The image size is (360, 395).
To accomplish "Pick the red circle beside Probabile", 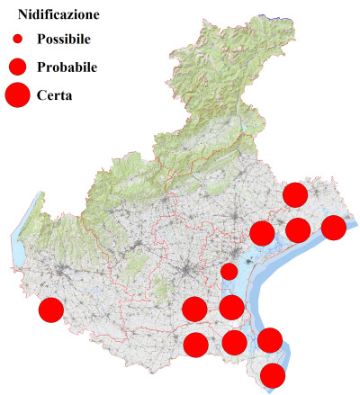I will [x=17, y=67].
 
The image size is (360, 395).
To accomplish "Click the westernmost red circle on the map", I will [x=51, y=310].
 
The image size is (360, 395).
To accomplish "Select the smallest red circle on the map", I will [x=229, y=271].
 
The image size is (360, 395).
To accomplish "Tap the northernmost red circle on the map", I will [x=295, y=194].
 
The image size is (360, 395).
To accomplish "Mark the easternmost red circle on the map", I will [x=333, y=228].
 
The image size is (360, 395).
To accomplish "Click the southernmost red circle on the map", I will [x=273, y=375].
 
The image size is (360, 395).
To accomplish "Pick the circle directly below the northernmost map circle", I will [x=297, y=229].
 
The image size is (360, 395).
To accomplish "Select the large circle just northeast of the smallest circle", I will [x=262, y=233].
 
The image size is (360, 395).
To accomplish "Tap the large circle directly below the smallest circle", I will [x=231, y=308].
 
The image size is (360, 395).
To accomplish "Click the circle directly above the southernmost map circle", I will [x=270, y=340].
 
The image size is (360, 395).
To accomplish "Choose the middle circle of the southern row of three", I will [x=234, y=342].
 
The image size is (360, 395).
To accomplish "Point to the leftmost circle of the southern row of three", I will [x=195, y=344].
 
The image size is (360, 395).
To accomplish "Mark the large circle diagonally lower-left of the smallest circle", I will [x=193, y=309].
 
